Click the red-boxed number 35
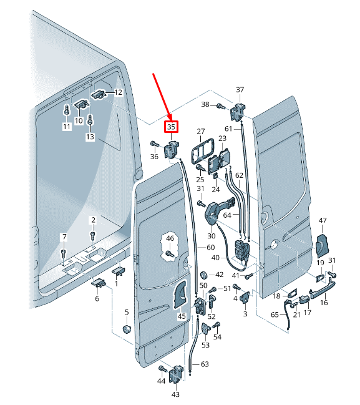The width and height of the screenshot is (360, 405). (172, 127)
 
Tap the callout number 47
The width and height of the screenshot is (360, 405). (323, 220)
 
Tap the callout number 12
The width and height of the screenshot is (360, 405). (118, 92)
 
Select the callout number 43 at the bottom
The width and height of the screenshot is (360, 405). (175, 394)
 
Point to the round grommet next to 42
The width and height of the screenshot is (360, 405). (203, 275)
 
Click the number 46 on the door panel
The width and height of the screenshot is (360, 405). (170, 238)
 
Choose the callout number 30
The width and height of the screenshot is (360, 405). (211, 236)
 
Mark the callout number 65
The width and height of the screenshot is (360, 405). (275, 316)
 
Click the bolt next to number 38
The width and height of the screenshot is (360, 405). (220, 105)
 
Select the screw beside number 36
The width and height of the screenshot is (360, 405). (153, 144)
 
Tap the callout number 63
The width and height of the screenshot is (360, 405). (205, 363)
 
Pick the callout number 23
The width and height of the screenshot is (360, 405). (222, 139)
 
